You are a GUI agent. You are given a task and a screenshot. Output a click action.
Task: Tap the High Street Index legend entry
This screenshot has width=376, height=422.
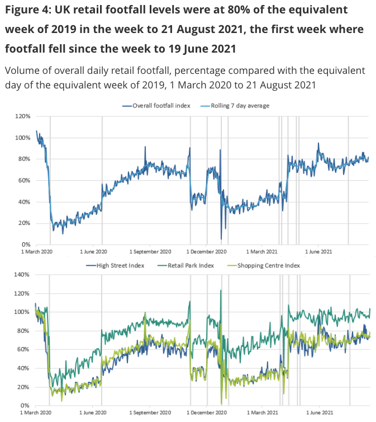tap(116, 265)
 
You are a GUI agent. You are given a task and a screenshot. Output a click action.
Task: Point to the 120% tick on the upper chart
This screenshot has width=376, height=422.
tap(23, 116)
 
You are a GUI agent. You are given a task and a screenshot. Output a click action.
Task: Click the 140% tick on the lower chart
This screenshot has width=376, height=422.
tap(23, 275)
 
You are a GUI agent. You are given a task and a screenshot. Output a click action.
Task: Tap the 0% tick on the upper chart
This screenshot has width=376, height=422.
tap(25, 245)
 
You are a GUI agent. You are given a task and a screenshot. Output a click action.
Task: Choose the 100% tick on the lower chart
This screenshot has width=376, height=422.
tap(23, 312)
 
